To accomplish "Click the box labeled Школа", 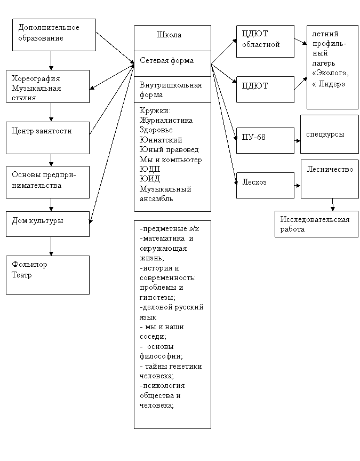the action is pyautogui.click(x=172, y=38).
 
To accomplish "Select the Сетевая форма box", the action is pyautogui.click(x=172, y=64).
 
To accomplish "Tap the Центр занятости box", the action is pyautogui.click(x=47, y=138).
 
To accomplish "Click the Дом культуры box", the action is pyautogui.click(x=47, y=224).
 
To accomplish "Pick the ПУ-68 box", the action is pyautogui.click(x=265, y=140).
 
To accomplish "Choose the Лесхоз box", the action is pyautogui.click(x=265, y=185).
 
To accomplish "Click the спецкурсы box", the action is pyautogui.click(x=330, y=134).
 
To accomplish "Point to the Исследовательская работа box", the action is pyautogui.click(x=316, y=224).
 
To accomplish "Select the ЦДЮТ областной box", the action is pyautogui.click(x=265, y=41).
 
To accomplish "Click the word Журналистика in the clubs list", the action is pyautogui.click(x=166, y=120).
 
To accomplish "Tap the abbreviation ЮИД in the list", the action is pyautogui.click(x=149, y=179).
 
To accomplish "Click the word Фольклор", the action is pyautogui.click(x=29, y=264).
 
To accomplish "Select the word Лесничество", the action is pyautogui.click(x=330, y=169).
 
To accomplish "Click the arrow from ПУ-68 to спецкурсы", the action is pyautogui.click(x=297, y=141).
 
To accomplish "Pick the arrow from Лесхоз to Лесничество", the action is pyautogui.click(x=297, y=186).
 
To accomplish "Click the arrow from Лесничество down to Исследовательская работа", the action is pyautogui.click(x=333, y=205).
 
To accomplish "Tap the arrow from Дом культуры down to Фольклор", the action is pyautogui.click(x=51, y=246).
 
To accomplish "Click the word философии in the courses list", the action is pyautogui.click(x=161, y=356).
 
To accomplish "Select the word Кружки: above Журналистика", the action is pyautogui.click(x=155, y=110).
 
